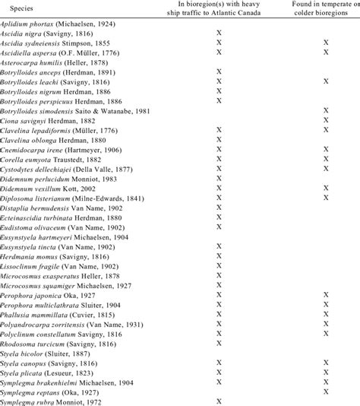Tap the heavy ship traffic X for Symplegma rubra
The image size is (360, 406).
219,401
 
